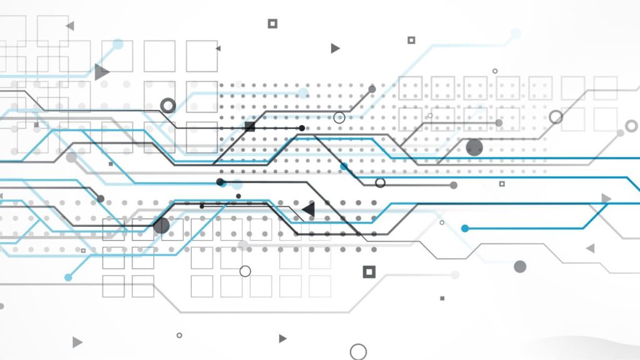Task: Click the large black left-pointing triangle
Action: (x=308, y=209)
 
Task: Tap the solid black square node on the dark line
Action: (x=250, y=127)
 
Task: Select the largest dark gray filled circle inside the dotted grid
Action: (x=474, y=147)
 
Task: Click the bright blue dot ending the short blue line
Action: (x=464, y=228)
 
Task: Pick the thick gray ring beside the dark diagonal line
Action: (x=167, y=105)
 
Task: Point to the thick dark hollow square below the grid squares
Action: (x=369, y=271)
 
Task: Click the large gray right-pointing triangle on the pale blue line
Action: (x=101, y=72)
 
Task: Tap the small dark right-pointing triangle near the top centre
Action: (x=335, y=48)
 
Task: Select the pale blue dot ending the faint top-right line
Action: (x=516, y=33)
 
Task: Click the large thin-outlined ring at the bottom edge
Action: (x=358, y=351)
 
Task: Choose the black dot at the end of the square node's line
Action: (x=302, y=128)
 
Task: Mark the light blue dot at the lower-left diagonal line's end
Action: (x=68, y=277)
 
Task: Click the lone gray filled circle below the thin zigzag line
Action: (x=520, y=267)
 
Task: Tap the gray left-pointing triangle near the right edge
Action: (x=590, y=248)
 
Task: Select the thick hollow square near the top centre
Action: (x=272, y=24)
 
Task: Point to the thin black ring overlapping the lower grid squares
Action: (x=245, y=271)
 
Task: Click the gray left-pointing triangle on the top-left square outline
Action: (x=70, y=26)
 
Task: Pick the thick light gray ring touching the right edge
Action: (x=631, y=126)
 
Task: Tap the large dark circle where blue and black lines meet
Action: (x=161, y=226)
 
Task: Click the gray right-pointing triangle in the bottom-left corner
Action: (x=77, y=342)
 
